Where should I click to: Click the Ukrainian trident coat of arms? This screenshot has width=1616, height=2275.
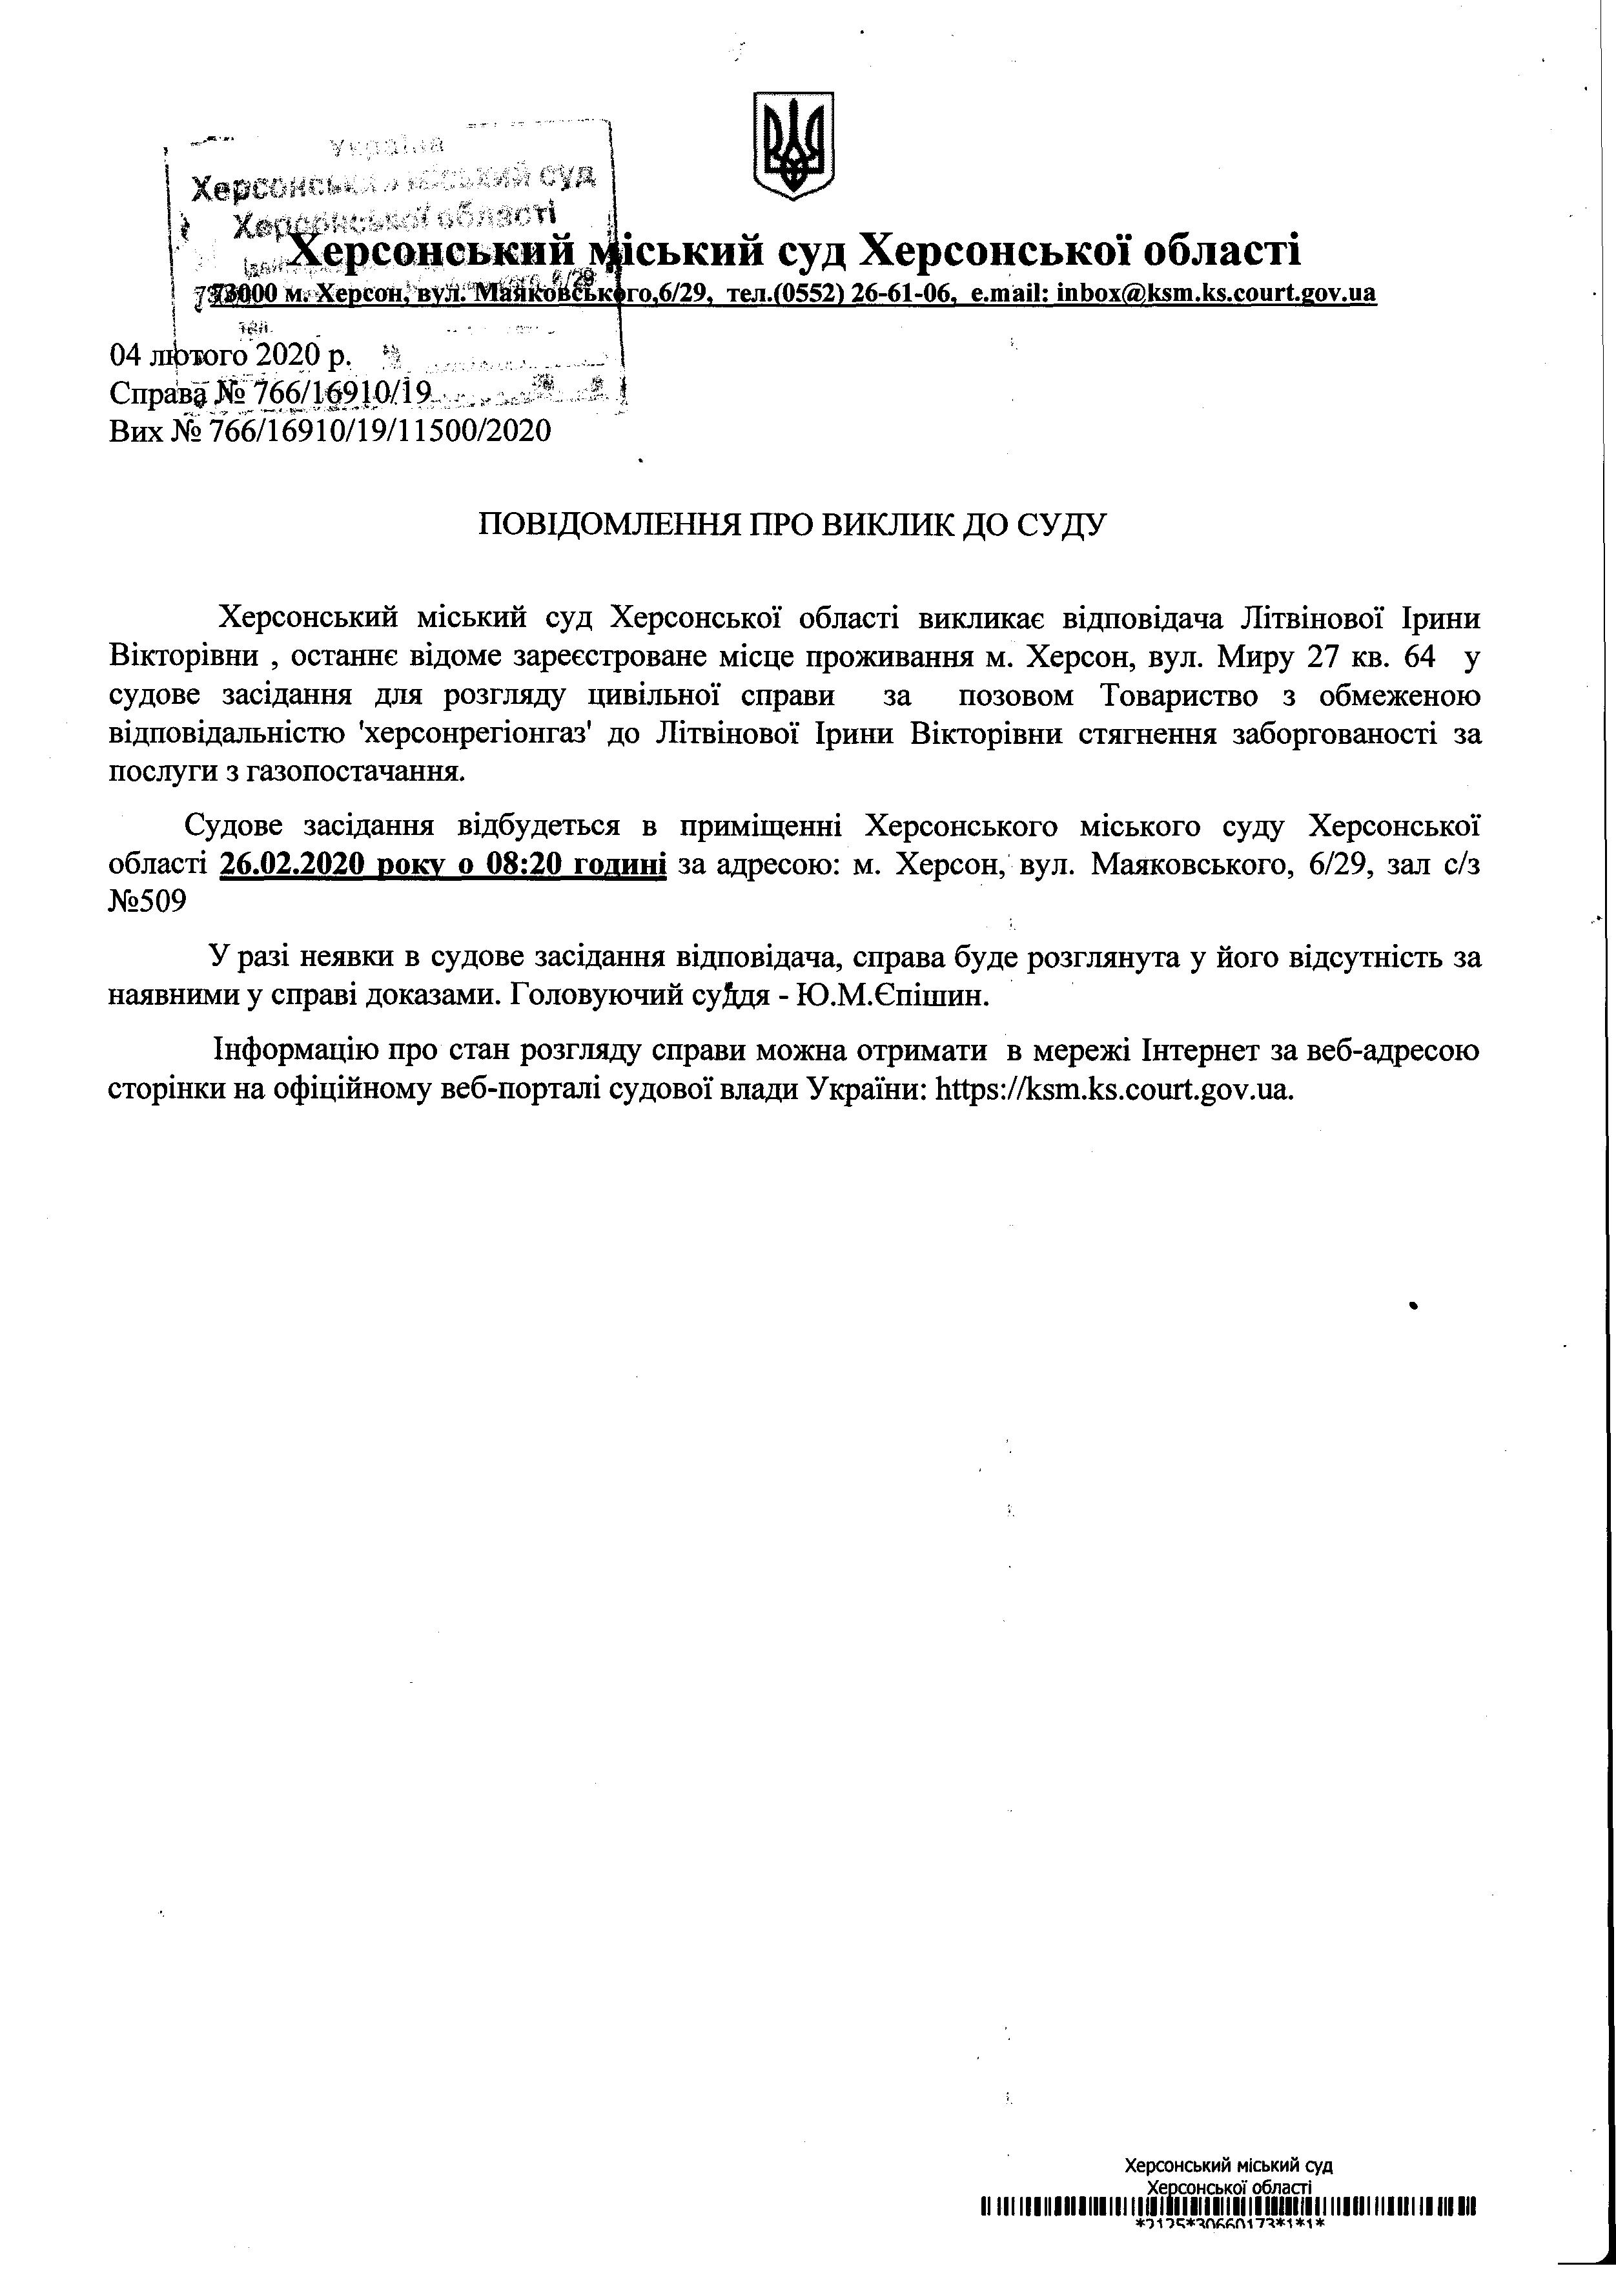pos(793,145)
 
